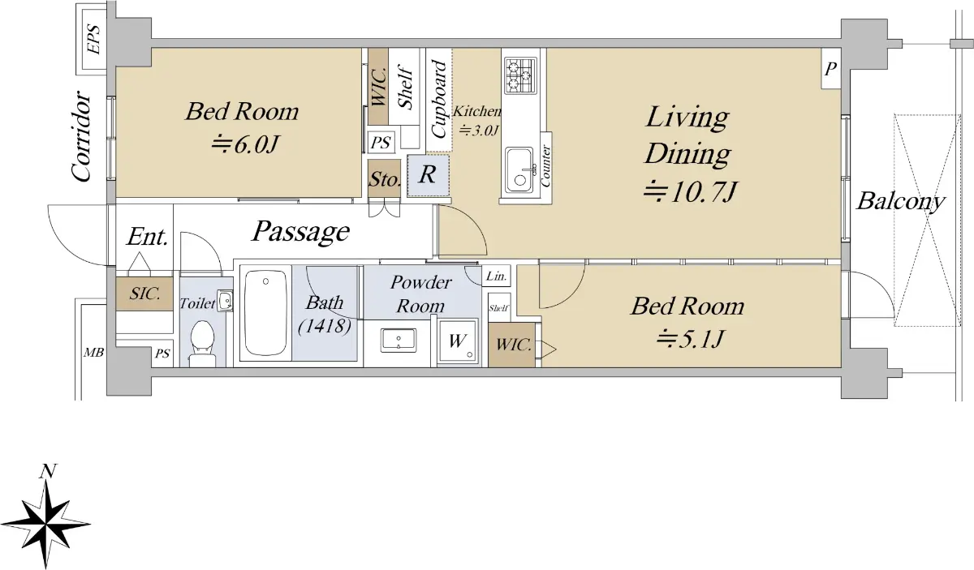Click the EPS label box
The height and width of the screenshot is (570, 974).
(94, 39)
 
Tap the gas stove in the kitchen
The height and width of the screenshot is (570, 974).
(520, 75)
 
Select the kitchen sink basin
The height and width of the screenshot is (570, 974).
(519, 170)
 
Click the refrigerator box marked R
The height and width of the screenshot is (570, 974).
(429, 175)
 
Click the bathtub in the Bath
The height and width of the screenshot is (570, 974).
(265, 312)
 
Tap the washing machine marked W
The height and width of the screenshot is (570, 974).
(458, 341)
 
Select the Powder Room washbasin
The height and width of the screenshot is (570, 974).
(399, 341)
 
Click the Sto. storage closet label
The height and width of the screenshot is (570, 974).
(384, 179)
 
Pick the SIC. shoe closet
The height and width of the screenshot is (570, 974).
(144, 294)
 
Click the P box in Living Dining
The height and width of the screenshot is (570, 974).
(830, 69)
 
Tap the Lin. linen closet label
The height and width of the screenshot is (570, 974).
(496, 276)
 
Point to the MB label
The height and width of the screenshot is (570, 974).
(93, 353)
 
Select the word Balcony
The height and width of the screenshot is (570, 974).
(900, 202)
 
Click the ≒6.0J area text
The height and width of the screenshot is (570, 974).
(244, 144)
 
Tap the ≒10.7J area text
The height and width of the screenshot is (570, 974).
(690, 192)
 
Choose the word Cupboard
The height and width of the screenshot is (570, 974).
(439, 99)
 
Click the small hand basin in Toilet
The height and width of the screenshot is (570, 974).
(225, 301)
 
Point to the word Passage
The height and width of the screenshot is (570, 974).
(301, 232)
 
